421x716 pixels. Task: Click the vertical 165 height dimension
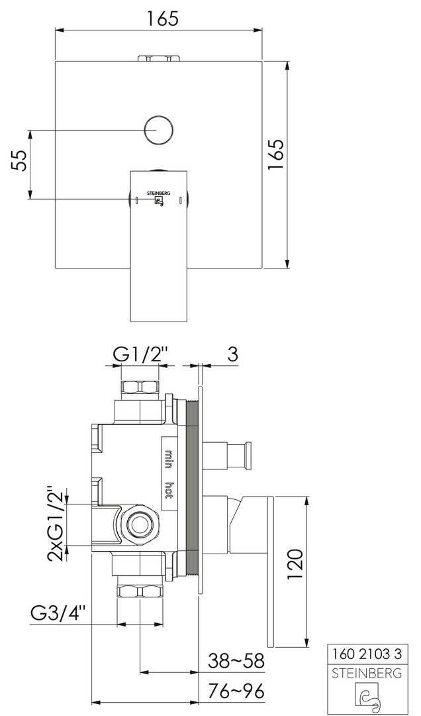[277, 155]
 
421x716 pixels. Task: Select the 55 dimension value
[19, 160]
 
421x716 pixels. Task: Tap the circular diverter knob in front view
[159, 130]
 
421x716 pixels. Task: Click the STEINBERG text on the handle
[158, 193]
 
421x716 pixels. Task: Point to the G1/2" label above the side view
[140, 355]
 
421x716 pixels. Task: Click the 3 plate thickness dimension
[232, 355]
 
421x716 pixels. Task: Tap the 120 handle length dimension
[295, 564]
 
